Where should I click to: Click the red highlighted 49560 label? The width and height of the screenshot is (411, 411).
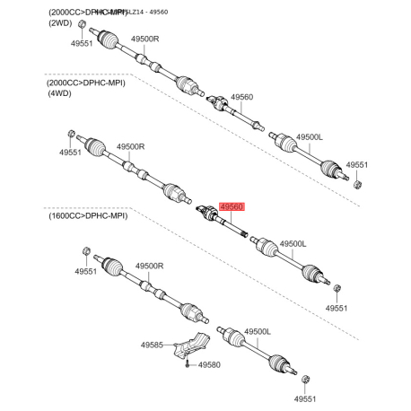click(x=232, y=205)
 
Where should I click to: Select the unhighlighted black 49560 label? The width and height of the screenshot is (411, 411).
click(x=241, y=97)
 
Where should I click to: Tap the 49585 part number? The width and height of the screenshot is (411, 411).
click(x=152, y=345)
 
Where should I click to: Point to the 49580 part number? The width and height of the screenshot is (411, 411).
click(x=209, y=365)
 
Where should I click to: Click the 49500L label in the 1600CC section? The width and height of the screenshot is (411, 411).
click(x=258, y=332)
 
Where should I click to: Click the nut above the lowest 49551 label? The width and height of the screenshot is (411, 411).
click(x=306, y=380)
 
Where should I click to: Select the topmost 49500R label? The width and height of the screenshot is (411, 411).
click(x=144, y=40)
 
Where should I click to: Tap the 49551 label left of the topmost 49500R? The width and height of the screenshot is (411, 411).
click(x=82, y=42)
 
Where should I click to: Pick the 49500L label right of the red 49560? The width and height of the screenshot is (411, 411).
click(x=293, y=243)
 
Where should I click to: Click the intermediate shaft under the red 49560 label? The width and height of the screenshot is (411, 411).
click(x=224, y=223)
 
